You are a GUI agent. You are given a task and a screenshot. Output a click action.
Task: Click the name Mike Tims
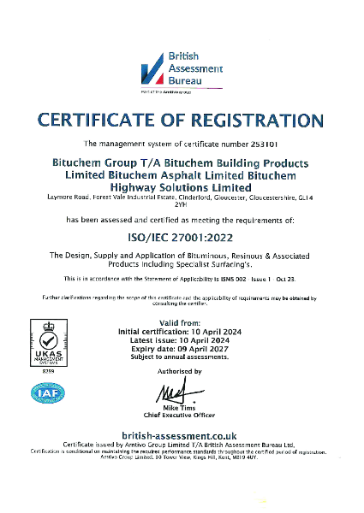click(x=181, y=409)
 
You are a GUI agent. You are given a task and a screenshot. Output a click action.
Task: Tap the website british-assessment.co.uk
click(x=181, y=436)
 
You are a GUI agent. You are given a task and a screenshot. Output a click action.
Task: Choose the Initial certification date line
click(x=181, y=329)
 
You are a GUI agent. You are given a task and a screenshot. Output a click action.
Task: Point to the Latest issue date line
click(x=181, y=339)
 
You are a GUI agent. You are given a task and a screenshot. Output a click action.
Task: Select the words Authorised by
click(x=181, y=371)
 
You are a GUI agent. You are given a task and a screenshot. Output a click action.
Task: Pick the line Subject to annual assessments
click(x=181, y=358)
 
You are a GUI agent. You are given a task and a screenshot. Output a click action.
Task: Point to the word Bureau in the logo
click(x=188, y=80)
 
